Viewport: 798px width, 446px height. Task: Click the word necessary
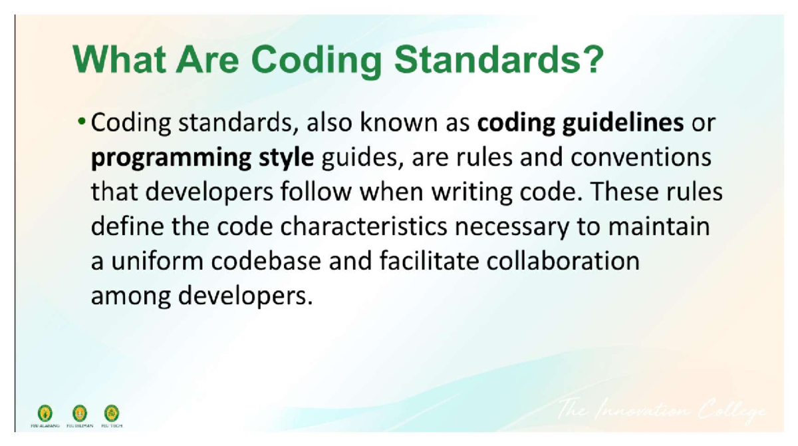pyautogui.click(x=513, y=227)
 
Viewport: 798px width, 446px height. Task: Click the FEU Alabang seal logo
pyautogui.click(x=46, y=413)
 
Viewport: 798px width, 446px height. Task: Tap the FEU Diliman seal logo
pyautogui.click(x=80, y=413)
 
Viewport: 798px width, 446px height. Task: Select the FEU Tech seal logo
pyautogui.click(x=112, y=413)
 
